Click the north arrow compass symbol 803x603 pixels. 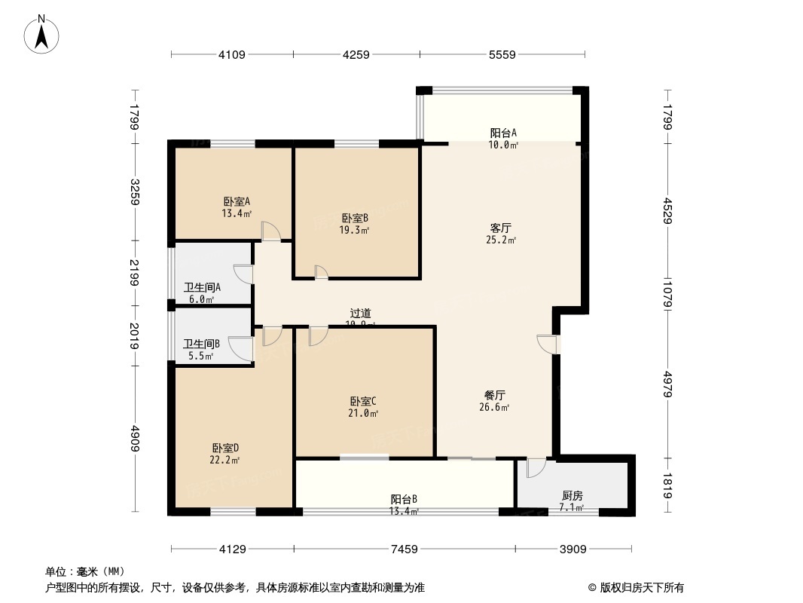pos(43,34)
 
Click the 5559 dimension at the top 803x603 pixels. pos(502,54)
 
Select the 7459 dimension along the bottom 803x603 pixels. pos(404,549)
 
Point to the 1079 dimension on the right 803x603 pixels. pos(667,293)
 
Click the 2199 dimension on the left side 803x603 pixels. pos(134,272)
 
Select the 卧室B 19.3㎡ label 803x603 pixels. pos(353,223)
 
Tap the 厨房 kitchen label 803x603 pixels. pos(572,500)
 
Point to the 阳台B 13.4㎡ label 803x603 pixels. pos(404,504)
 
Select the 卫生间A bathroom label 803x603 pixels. pos(202,292)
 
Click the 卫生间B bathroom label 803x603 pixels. pos(201,349)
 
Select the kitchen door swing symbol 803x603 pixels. pos(535,467)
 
